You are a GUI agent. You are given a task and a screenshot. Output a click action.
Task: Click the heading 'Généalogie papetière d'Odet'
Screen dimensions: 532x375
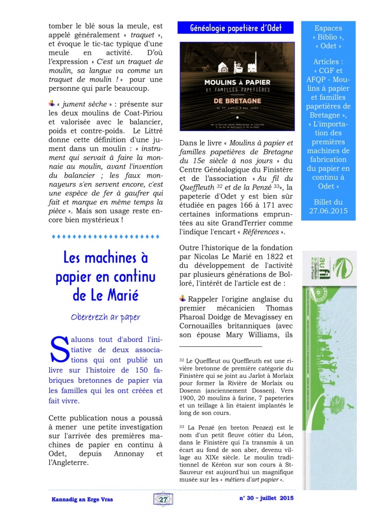pyautogui.click(x=236, y=28)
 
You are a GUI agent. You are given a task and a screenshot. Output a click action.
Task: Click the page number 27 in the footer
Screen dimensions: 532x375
pyautogui.click(x=162, y=499)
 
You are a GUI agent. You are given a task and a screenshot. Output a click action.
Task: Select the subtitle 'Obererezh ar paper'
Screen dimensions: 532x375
pyautogui.click(x=105, y=317)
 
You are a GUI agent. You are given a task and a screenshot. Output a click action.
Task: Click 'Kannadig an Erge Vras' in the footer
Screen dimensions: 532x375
pyautogui.click(x=82, y=499)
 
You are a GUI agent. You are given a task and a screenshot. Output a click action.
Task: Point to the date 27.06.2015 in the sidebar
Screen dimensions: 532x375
pyautogui.click(x=328, y=211)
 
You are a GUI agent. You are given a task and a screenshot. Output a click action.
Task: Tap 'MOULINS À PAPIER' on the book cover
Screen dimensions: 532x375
pyautogui.click(x=236, y=83)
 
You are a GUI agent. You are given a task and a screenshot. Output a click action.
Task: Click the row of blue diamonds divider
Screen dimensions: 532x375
pyautogui.click(x=105, y=236)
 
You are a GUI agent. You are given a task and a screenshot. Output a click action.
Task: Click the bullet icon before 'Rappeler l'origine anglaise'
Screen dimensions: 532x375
pyautogui.click(x=183, y=298)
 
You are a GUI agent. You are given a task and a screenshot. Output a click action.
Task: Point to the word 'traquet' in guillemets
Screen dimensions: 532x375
pyautogui.click(x=134, y=35)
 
